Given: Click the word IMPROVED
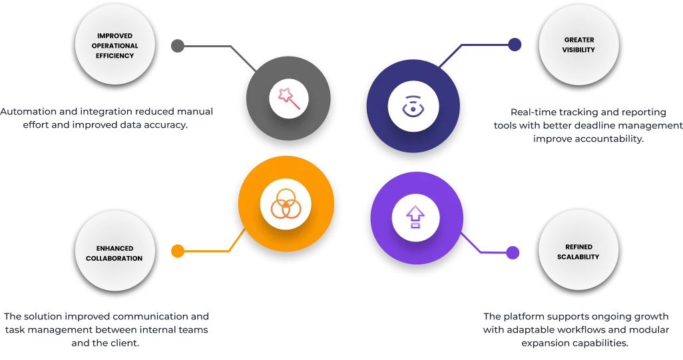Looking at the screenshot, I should tap(114, 36).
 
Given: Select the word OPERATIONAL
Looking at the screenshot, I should tap(114, 46).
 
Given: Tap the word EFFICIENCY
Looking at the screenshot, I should tap(114, 56).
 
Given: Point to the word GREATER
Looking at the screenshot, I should tap(578, 40).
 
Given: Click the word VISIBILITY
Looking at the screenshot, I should tap(578, 50).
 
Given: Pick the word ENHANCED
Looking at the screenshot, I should tap(114, 248).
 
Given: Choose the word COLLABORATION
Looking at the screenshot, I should tap(114, 258).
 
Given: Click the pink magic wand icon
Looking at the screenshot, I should tap(289, 99).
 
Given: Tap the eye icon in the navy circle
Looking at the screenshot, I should tap(413, 106).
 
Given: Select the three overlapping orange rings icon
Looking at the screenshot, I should tap(285, 204).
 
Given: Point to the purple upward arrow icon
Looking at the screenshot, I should tap(415, 216).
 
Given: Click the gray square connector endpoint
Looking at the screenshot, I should tap(178, 45).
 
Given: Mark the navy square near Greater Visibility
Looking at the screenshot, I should tap(513, 45).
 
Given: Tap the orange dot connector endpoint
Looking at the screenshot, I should tap(178, 251).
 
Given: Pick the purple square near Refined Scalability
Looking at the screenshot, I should tap(513, 252).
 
